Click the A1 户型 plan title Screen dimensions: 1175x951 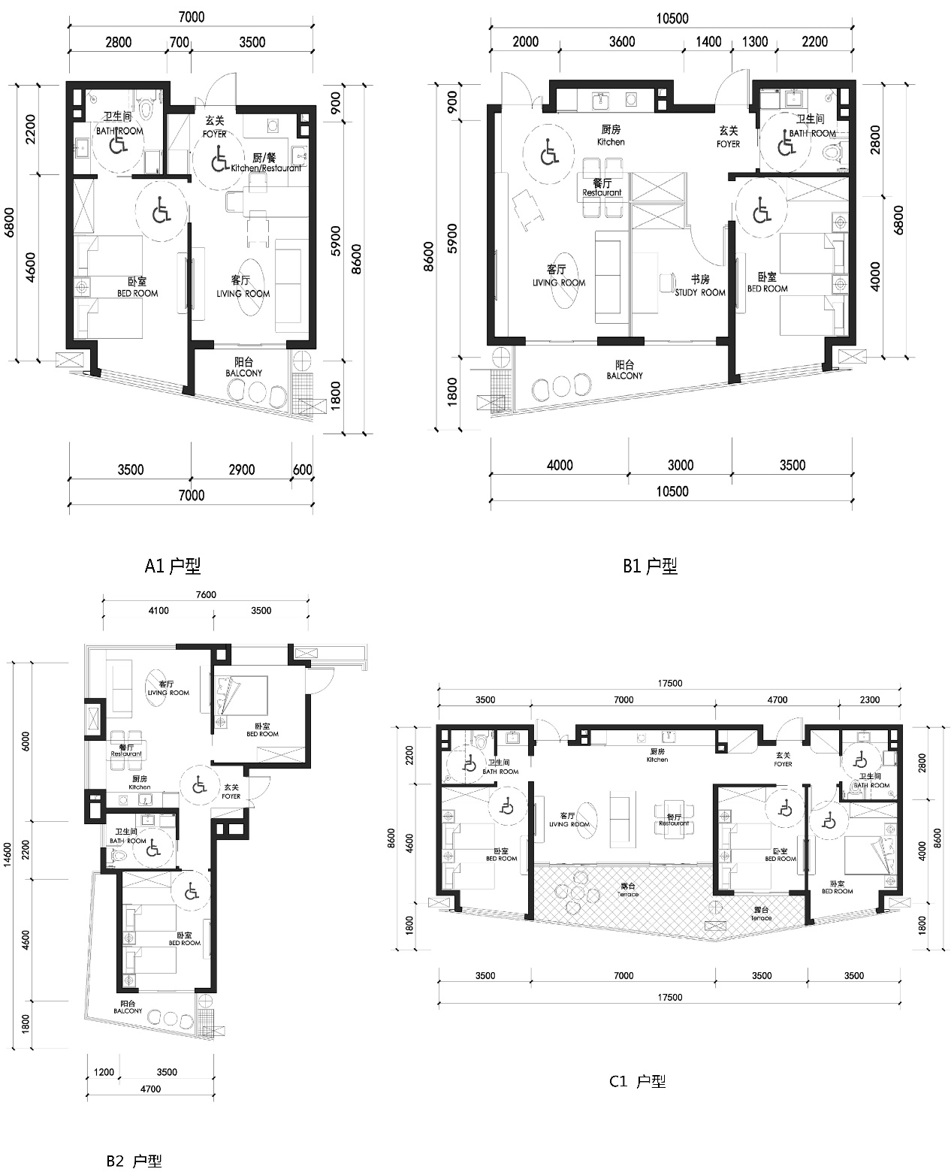[172, 566]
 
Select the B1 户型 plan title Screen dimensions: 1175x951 [650, 566]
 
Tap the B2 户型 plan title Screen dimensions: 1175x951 [134, 1161]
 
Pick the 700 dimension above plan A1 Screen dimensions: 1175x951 [179, 42]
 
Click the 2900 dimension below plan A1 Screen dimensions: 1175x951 [241, 470]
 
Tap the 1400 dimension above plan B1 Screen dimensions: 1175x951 [708, 42]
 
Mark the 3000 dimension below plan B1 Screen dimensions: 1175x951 [680, 466]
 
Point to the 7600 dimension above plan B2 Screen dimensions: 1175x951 [206, 595]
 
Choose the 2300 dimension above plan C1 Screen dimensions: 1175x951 [869, 700]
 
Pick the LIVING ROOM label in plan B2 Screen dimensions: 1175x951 [168, 689]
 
